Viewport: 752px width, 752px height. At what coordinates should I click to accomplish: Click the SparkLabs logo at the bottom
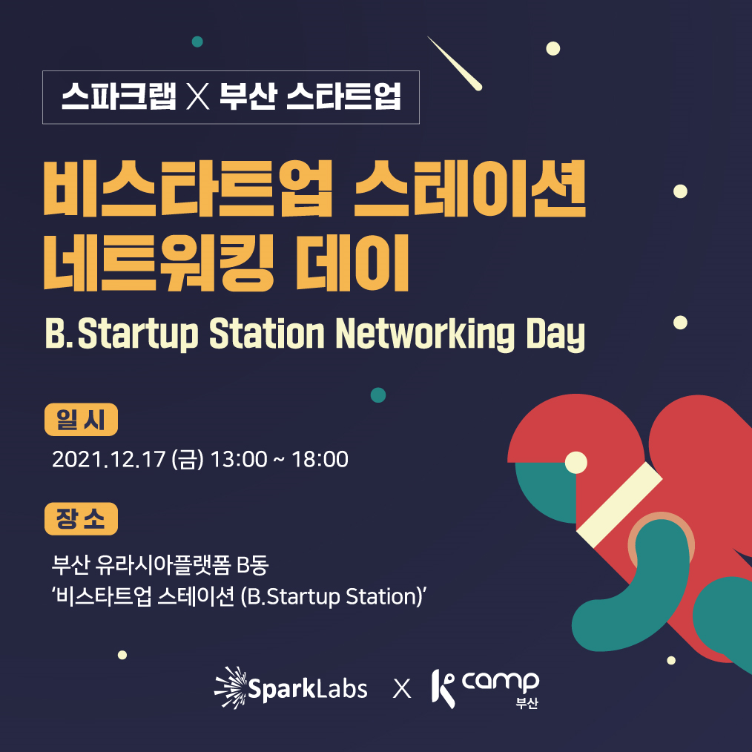pos(291,687)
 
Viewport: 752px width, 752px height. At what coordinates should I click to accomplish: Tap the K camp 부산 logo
pos(485,689)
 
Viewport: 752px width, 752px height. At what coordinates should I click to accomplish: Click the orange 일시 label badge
pos(81,420)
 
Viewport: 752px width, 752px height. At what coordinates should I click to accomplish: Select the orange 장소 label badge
pos(81,518)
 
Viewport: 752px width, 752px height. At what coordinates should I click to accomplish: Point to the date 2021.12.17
pos(109,459)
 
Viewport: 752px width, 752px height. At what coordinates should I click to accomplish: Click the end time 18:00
pos(320,459)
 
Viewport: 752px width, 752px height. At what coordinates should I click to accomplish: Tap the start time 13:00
pos(239,459)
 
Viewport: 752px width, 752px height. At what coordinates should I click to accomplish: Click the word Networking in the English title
pos(425,334)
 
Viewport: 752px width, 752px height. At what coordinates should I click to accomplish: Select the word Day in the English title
pos(555,334)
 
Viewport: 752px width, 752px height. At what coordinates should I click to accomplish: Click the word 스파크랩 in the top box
pos(119,96)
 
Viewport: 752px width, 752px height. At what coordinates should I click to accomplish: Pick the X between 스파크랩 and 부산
pos(198,96)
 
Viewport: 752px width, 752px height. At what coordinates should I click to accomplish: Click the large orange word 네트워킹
pos(159,263)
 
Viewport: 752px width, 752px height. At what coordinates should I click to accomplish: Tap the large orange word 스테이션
pos(470,188)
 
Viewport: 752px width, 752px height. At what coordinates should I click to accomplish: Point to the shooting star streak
pos(455,63)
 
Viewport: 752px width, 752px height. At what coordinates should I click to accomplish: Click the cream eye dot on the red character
pos(576,462)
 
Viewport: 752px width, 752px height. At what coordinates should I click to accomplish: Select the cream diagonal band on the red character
pos(619,504)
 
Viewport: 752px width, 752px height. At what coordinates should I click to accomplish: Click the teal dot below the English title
pos(378,395)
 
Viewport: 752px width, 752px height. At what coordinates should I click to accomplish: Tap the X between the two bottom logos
pos(402,689)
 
